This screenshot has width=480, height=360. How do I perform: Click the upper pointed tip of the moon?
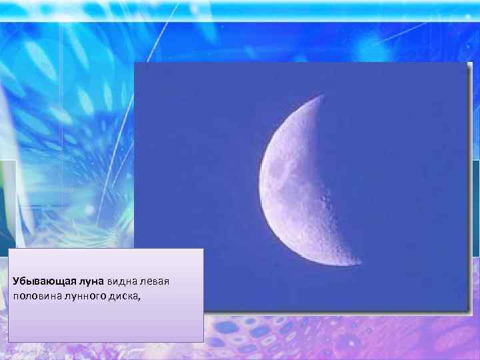coord(323,95)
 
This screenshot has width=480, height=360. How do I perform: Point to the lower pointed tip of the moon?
coord(360,262)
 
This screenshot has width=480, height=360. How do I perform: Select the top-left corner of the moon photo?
coord(135,63)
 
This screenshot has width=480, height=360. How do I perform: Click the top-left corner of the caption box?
coord(9,249)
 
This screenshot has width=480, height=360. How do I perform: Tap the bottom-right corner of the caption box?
coord(203,342)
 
